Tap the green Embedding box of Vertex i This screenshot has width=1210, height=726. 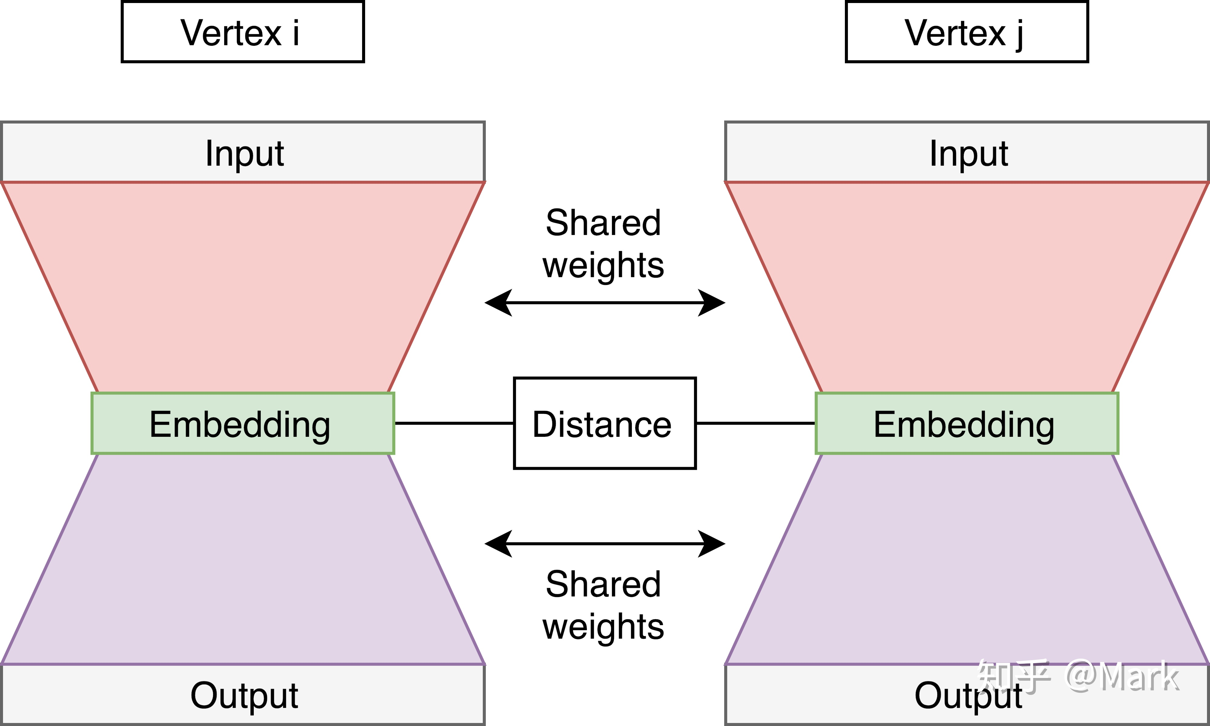point(242,424)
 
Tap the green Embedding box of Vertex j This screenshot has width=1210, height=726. point(966,424)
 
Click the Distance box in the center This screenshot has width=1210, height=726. point(604,424)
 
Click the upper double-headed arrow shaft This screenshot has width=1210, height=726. point(604,303)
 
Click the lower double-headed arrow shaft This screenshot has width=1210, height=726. point(604,544)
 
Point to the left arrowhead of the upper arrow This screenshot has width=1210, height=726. point(497,303)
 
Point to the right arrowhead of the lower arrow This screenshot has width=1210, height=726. point(712,544)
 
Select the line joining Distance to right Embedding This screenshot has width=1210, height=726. point(755,423)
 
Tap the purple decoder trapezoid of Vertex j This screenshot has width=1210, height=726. point(966,558)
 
